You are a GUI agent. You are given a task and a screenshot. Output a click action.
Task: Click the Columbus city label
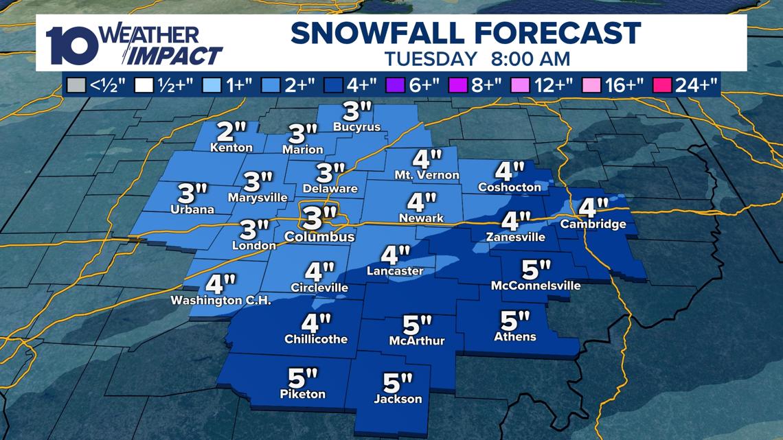click(319, 237)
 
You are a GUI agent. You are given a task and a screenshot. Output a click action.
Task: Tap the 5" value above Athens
click(515, 320)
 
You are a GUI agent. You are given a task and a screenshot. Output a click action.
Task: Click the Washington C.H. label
click(221, 300)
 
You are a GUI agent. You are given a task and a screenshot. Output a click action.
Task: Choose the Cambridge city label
click(593, 224)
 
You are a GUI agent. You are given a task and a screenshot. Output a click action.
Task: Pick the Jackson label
click(398, 399)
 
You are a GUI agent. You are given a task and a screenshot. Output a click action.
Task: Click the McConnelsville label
click(536, 286)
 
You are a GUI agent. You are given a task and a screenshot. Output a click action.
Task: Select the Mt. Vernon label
click(426, 175)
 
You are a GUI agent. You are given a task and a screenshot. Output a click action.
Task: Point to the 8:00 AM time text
click(528, 59)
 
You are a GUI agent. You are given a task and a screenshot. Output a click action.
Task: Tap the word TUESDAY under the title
click(431, 59)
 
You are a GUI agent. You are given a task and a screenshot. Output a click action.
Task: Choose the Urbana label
click(192, 209)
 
